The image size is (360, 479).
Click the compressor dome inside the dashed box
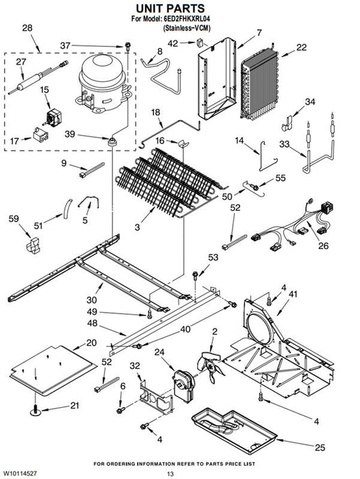(103, 83)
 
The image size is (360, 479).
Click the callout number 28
(27, 28)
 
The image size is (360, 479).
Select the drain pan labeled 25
(234, 430)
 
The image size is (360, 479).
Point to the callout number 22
(301, 47)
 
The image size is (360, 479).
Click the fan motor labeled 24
(183, 385)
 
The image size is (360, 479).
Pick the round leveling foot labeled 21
(36, 411)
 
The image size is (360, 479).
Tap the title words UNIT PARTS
(170, 8)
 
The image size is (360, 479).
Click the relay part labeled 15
(53, 118)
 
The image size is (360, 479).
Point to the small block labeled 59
(33, 246)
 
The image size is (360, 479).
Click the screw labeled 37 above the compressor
(128, 47)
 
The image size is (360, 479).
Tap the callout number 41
(293, 294)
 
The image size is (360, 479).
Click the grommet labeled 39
(113, 142)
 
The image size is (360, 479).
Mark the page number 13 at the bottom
(170, 474)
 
